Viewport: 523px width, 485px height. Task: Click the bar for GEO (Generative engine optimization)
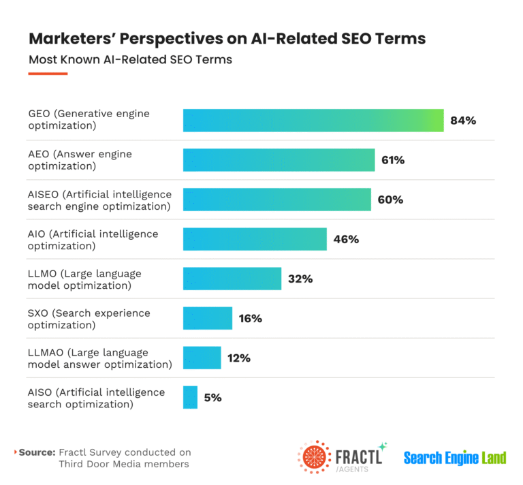pos(313,121)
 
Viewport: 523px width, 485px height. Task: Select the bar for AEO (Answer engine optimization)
pos(279,160)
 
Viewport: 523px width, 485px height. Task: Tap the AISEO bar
pos(276,200)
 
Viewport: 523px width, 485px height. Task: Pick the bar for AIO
pos(255,239)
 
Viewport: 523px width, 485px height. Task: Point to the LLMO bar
pos(232,279)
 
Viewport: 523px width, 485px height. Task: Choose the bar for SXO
pos(208,318)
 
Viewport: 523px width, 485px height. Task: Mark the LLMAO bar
pos(202,358)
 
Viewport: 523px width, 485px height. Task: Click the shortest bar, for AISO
pos(190,397)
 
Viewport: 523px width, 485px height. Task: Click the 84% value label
pos(462,121)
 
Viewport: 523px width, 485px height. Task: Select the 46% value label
pos(345,239)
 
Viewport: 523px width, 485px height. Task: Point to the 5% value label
pos(212,397)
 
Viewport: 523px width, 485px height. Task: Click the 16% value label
pos(250,318)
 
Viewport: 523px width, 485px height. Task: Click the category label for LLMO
pos(84,279)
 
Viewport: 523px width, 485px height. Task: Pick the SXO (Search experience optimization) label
pos(89,319)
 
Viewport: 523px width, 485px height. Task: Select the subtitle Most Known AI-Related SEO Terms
pos(130,60)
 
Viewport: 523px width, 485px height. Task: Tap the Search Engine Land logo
pos(454,457)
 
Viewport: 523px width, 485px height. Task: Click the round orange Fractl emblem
pos(314,457)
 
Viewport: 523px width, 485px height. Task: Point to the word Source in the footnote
pos(37,452)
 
